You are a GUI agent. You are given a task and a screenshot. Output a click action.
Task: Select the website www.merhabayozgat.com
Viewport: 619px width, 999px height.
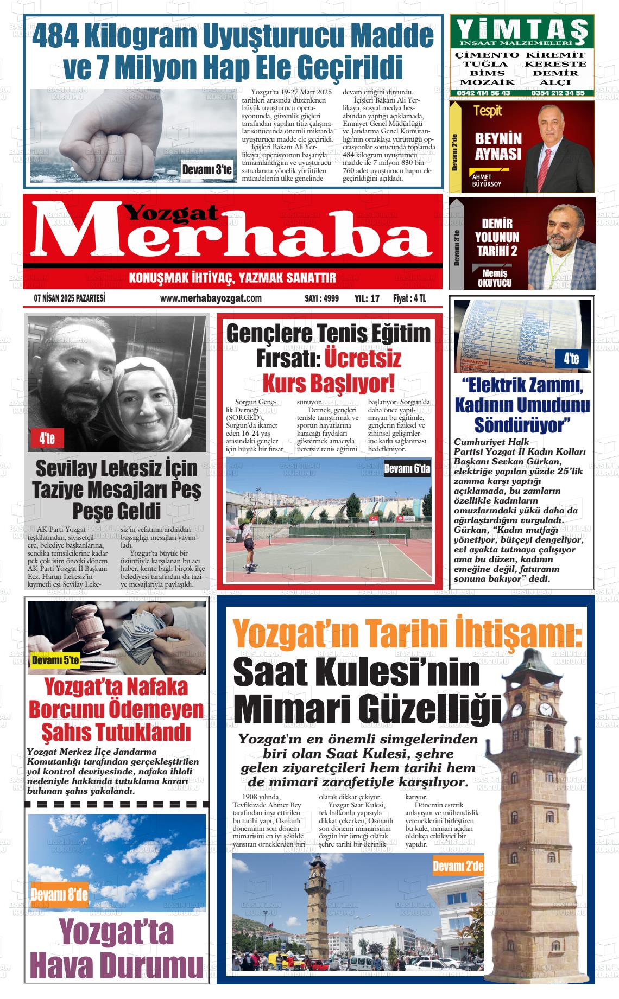[x=211, y=298]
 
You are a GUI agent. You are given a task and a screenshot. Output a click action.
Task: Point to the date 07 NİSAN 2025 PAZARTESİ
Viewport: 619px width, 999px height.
[x=69, y=298]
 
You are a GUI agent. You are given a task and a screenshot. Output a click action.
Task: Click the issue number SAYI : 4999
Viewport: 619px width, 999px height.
[x=321, y=298]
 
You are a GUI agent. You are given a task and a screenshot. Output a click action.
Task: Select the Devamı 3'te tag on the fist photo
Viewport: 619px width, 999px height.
[x=207, y=170]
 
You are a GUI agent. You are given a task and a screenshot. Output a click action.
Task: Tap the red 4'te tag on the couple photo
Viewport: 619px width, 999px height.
[x=47, y=438]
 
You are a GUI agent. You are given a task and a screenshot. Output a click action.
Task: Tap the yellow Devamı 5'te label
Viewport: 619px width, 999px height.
[x=55, y=661]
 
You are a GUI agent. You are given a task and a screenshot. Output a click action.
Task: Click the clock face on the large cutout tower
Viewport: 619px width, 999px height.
[x=545, y=709]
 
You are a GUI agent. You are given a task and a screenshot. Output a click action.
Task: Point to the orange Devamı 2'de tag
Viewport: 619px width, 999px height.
[x=458, y=867]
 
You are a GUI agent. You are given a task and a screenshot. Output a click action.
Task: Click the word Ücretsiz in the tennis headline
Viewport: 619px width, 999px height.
[x=363, y=359]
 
